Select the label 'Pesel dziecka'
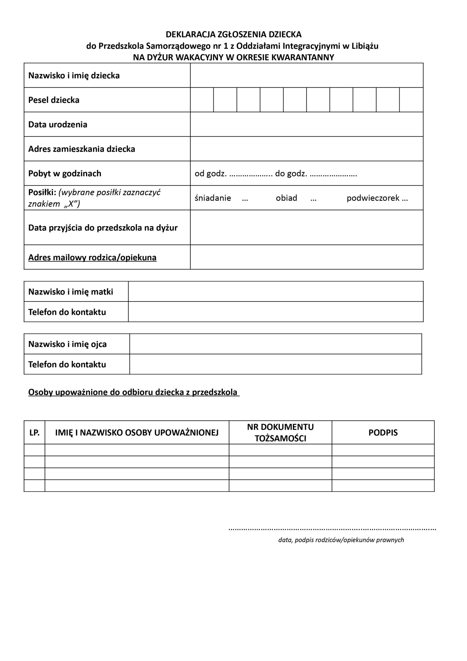click(x=54, y=100)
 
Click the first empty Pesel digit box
click(x=202, y=100)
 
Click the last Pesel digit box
click(x=411, y=100)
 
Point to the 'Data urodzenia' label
click(x=58, y=124)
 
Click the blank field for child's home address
click(x=307, y=149)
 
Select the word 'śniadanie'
click(x=213, y=198)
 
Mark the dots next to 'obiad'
click(x=314, y=199)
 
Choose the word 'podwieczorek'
click(x=373, y=198)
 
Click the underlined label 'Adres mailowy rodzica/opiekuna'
click(x=92, y=257)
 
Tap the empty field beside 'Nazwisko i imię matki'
click(x=275, y=291)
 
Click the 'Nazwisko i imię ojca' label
click(x=67, y=344)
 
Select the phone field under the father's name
click(x=275, y=364)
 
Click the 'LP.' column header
click(x=35, y=432)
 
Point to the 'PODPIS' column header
click(x=383, y=432)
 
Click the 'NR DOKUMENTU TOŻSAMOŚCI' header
click(x=280, y=432)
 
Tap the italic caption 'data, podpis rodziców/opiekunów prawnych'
click(x=341, y=540)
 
